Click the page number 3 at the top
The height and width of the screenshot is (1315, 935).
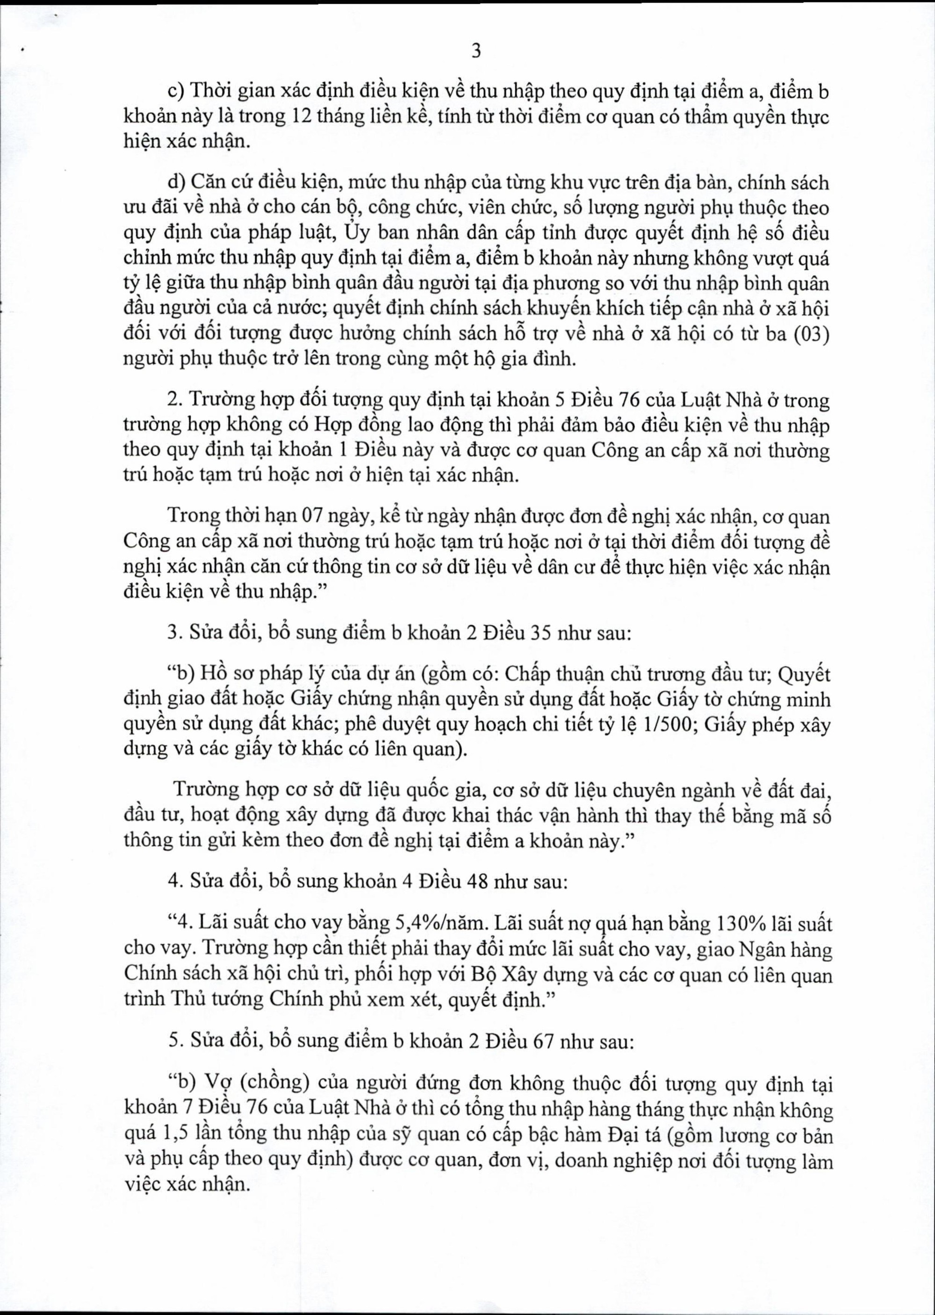pos(475,52)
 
